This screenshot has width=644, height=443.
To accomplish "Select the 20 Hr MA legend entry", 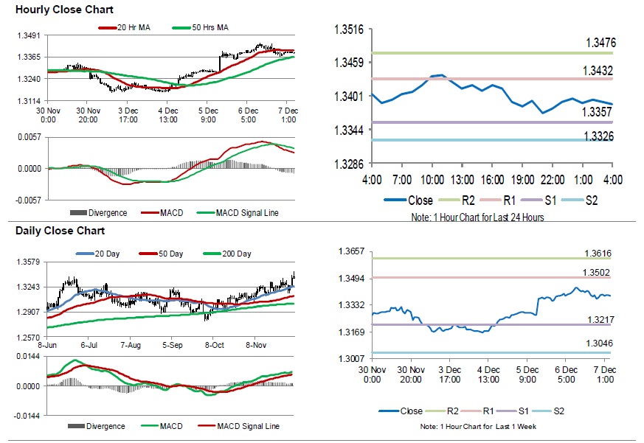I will [x=136, y=28].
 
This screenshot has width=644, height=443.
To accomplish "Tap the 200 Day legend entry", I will [x=236, y=254].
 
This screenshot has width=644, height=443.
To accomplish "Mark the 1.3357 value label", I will [x=598, y=112].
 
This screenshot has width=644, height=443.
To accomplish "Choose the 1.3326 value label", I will [x=598, y=136].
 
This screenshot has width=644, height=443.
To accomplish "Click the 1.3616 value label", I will [x=599, y=254].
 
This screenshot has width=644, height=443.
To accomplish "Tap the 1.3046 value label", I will [x=599, y=343].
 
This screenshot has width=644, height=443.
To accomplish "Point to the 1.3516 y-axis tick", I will [x=350, y=29].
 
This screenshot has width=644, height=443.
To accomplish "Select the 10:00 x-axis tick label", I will [x=432, y=180].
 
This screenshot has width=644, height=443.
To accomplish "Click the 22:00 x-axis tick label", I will [x=553, y=180].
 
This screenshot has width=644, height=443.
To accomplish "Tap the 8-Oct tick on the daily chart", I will [x=215, y=344].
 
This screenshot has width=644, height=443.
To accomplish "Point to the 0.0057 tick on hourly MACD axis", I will [x=30, y=137].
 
